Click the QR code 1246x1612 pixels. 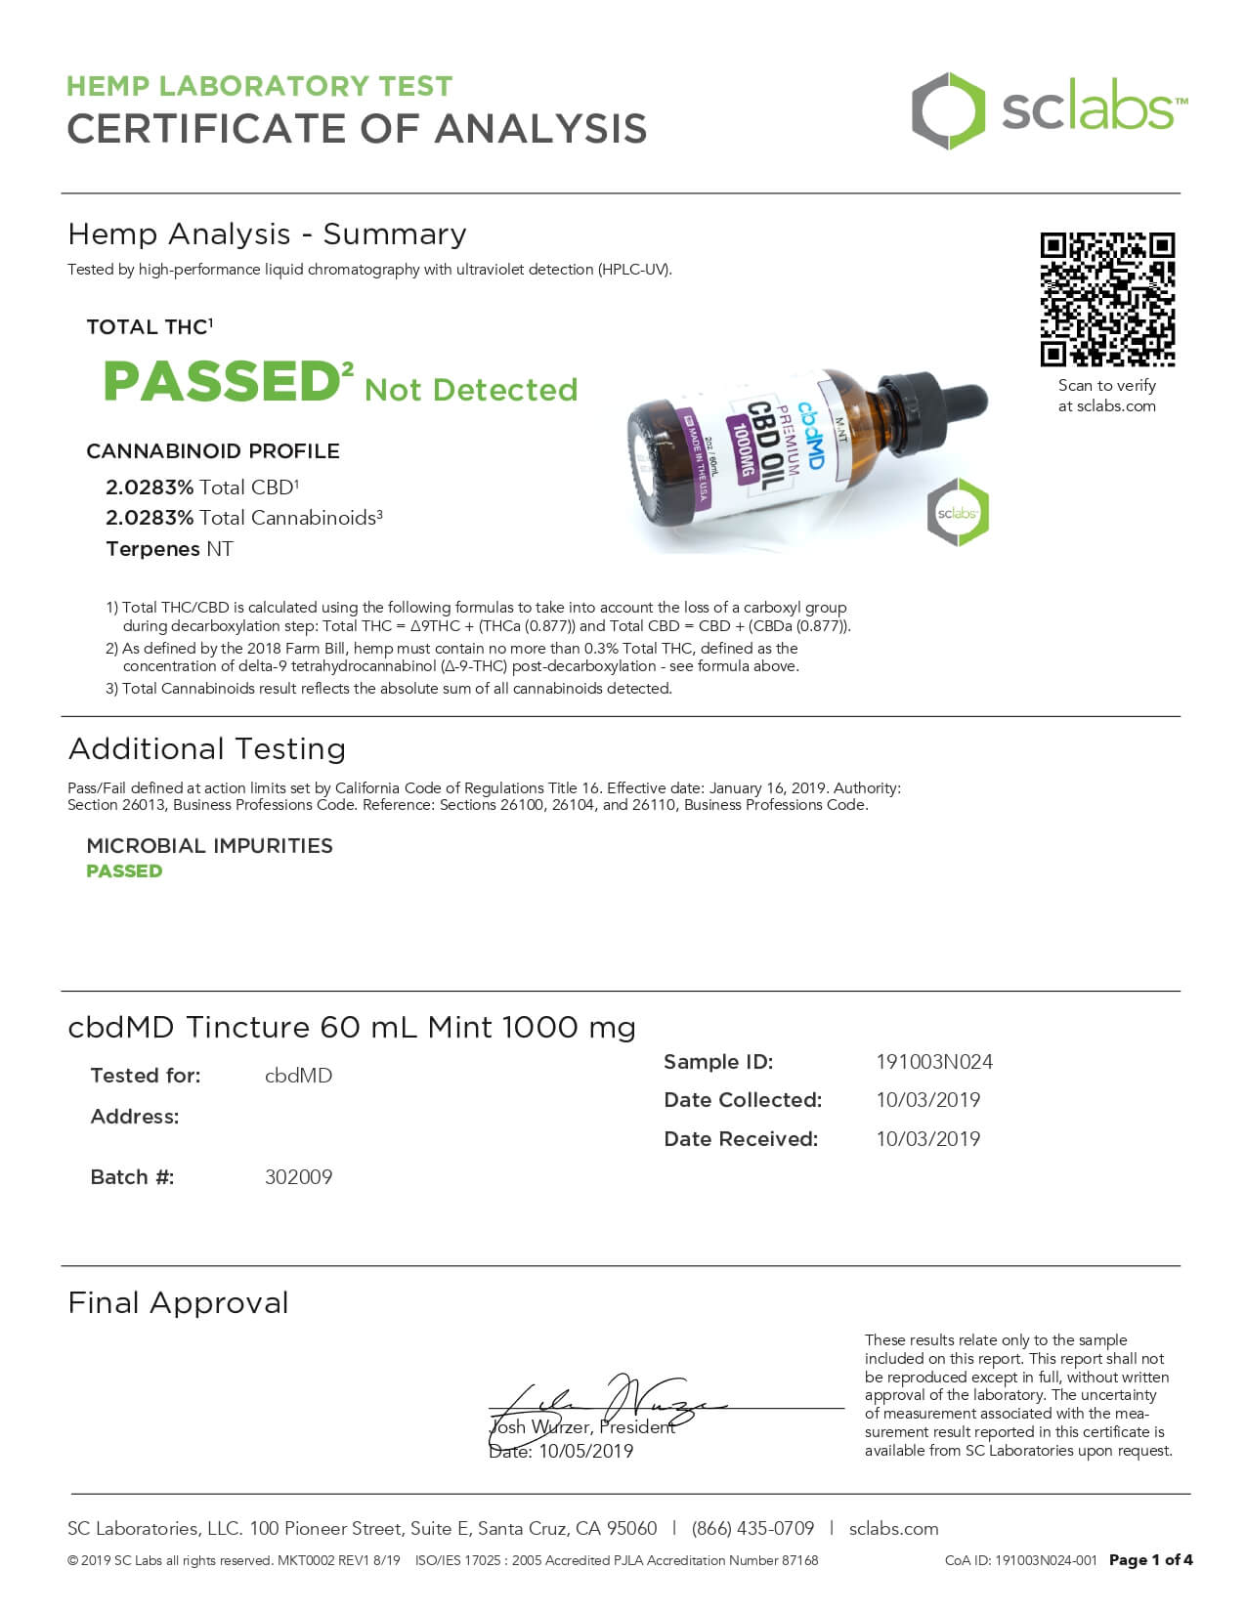coord(1106,299)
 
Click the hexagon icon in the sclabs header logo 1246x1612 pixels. coord(948,110)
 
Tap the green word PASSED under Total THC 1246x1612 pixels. coord(221,381)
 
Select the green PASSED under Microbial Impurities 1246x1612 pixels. coord(124,871)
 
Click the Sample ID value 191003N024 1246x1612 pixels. coord(934,1062)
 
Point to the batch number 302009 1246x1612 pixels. coord(298,1177)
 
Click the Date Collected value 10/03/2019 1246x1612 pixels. coord(927,1100)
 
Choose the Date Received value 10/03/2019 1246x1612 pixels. coord(927,1139)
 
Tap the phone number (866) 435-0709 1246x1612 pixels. coord(752,1529)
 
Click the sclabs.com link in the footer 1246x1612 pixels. coord(893,1529)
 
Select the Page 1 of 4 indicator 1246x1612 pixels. coord(1150,1560)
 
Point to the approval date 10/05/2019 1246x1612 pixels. coord(585,1452)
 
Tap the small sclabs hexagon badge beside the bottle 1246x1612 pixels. coord(958,512)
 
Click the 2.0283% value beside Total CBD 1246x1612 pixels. coord(150,488)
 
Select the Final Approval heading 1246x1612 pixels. coord(178,1303)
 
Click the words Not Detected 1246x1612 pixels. coord(471,390)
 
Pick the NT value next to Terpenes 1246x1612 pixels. coord(220,549)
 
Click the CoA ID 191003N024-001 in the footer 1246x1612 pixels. coord(1020,1561)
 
